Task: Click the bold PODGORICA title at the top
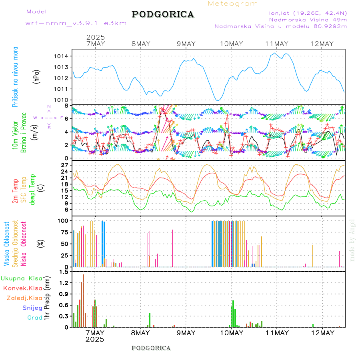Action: point(163,14)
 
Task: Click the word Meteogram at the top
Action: point(233,4)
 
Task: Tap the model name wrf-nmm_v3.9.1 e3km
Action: point(76,23)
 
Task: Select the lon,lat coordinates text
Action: point(308,12)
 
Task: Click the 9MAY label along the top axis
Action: point(186,44)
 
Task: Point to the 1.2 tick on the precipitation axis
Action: point(64,283)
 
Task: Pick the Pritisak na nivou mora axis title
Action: point(15,77)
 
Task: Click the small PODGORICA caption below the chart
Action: point(151,348)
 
